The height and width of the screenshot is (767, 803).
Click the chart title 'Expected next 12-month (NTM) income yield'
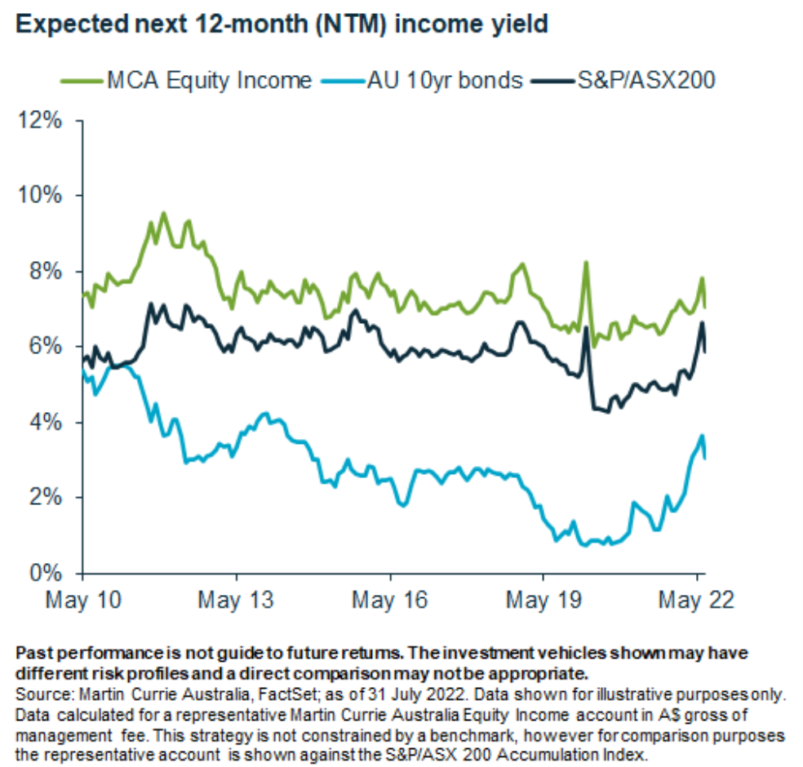[282, 24]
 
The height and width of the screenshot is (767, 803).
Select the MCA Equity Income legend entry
[187, 80]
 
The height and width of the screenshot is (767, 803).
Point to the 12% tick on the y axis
[40, 120]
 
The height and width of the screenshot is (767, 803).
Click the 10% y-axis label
[40, 196]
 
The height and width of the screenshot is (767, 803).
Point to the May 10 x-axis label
[82, 601]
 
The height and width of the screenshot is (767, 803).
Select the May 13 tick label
[236, 601]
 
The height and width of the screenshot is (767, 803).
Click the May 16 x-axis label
[390, 601]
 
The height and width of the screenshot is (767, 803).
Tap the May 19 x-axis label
[543, 601]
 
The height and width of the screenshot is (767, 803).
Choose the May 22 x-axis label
[696, 601]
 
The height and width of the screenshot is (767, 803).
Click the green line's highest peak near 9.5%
[163, 213]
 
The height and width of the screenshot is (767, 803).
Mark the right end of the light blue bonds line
[704, 458]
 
